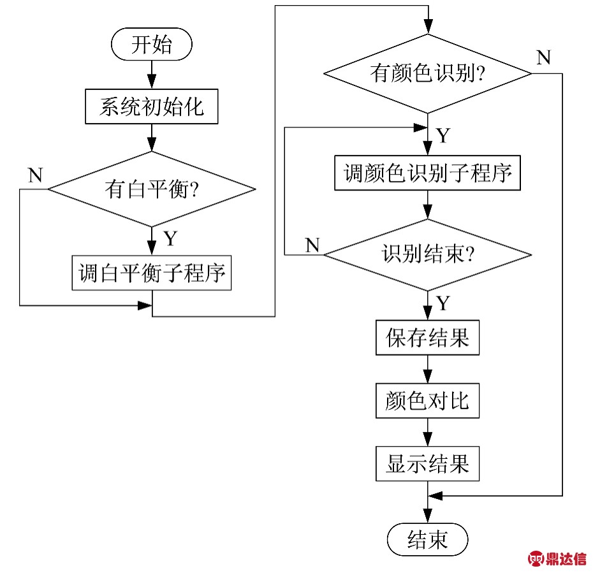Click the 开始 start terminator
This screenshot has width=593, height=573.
tap(152, 45)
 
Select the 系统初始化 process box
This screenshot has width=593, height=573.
tap(152, 106)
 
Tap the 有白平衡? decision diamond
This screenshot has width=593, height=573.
tap(152, 189)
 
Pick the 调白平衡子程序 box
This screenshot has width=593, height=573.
tap(152, 274)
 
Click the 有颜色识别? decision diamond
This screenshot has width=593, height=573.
tap(428, 74)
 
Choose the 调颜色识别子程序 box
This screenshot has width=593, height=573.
tap(428, 173)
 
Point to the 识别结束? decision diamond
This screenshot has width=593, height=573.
tap(428, 255)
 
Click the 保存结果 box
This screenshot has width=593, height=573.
tap(427, 337)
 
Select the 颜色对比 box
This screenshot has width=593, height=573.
tap(427, 401)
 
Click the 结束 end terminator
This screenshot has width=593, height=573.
tap(427, 540)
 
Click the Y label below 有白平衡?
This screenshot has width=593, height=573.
tap(170, 239)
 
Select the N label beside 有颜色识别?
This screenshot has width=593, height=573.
tap(543, 57)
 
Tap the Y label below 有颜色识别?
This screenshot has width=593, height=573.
tap(444, 136)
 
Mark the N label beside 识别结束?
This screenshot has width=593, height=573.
tap(312, 245)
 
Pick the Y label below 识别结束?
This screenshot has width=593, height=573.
tap(444, 303)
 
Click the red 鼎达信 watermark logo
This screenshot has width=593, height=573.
tap(557, 559)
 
